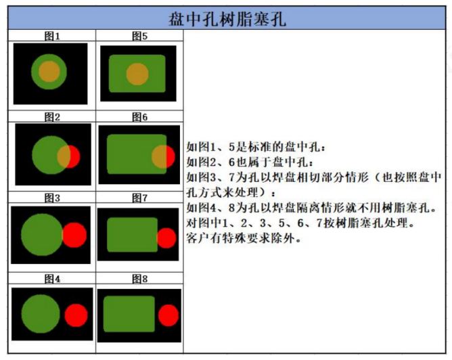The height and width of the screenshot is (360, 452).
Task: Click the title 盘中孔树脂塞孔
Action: pos(227,19)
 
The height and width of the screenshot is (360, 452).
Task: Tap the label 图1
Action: pos(52,36)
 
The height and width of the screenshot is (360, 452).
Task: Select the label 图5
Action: pos(140,36)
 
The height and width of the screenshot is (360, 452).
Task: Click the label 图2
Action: pos(52,117)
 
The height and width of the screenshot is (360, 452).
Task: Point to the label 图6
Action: pos(140,117)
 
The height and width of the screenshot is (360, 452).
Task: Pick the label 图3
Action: pos(52,198)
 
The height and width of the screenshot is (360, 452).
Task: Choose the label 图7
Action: pos(140,198)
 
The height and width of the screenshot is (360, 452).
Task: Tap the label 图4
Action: pos(52,279)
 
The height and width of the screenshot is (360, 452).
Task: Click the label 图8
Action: pos(140,279)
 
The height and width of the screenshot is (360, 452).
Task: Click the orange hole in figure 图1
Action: pos(49,72)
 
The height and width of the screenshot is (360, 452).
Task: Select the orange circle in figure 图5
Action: pos(137,74)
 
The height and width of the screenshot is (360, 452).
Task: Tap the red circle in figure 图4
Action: pos(76,315)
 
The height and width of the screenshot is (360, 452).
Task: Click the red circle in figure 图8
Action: pos(168,315)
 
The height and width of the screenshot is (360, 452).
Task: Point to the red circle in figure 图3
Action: pos(74,235)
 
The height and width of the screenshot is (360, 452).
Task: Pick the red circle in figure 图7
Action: pos(166,238)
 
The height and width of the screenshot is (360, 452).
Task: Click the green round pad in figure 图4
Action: pos(41,314)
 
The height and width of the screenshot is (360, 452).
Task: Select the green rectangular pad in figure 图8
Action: pos(129,314)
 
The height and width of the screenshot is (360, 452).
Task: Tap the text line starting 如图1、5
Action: pos(256,147)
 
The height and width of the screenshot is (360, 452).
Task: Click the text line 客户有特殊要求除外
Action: pos(244,238)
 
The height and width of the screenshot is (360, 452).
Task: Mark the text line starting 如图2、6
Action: pos(250,162)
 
